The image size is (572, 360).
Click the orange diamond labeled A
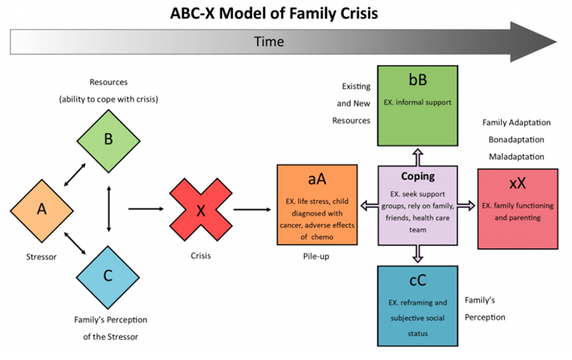42,211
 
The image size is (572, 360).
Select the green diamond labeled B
109,141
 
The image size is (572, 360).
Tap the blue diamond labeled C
108,277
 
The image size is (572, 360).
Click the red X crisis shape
201,210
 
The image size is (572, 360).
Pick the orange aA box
317,205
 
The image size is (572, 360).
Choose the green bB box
418,106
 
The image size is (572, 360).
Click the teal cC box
418,306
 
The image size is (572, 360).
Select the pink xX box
518,209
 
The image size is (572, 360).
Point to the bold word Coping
418,176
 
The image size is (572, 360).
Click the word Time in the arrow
269,42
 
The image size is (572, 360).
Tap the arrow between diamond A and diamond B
75,174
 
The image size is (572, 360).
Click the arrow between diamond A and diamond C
75,243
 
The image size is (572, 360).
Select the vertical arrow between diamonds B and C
109,209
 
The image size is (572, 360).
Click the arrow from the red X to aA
252,210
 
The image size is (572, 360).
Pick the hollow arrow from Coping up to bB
418,157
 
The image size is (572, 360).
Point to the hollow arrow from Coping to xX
466,206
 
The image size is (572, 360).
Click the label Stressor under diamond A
42,257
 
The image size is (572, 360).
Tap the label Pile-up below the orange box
316,257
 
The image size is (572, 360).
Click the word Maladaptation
517,157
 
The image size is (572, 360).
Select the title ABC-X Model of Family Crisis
274,14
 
